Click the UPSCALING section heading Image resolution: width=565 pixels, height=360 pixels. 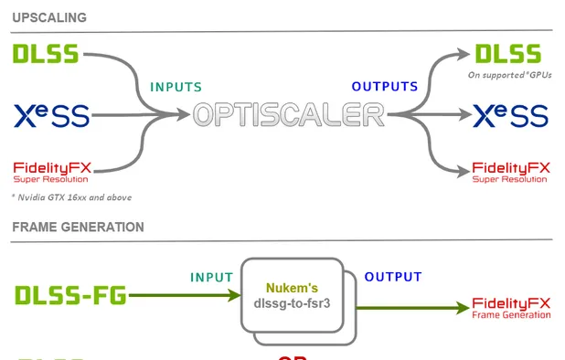[x=49, y=17]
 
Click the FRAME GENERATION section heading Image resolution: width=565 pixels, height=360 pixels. [x=78, y=226]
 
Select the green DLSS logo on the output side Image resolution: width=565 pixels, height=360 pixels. [x=507, y=53]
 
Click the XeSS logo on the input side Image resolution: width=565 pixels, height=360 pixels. [x=52, y=115]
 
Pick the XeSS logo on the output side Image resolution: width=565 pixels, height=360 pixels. [x=510, y=115]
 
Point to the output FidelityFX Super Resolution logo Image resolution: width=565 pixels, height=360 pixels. [x=510, y=171]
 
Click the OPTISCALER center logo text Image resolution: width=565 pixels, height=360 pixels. [x=288, y=115]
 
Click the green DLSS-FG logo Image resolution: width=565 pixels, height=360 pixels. [x=71, y=295]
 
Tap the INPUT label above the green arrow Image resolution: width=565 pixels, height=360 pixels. [x=211, y=277]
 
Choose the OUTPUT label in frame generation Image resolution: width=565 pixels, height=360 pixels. [x=393, y=277]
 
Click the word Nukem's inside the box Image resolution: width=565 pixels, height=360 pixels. [x=293, y=288]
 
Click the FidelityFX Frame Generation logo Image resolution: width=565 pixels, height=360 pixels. [x=511, y=308]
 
